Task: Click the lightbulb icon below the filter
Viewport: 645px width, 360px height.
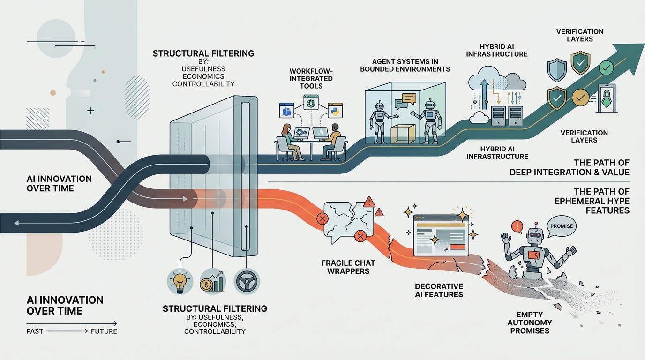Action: coord(180,281)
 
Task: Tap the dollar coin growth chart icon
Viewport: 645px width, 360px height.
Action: coord(213,281)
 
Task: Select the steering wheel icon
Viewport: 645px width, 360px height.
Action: coord(247,281)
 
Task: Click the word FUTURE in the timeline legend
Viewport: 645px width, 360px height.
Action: coord(104,331)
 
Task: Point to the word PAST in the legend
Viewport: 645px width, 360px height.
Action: coord(35,331)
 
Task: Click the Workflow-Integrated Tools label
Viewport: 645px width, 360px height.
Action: coord(311,78)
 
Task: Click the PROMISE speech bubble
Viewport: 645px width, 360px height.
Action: coord(561,225)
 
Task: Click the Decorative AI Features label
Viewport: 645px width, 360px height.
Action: coord(439,290)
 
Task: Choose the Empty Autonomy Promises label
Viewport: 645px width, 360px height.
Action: coord(530,322)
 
